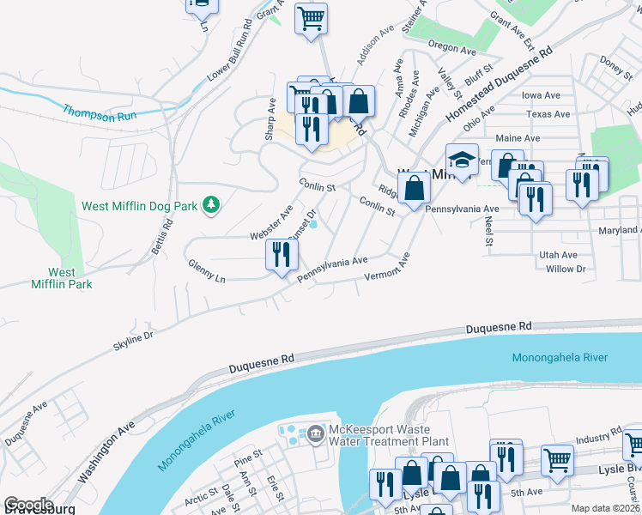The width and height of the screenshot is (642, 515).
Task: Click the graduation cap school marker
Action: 462,161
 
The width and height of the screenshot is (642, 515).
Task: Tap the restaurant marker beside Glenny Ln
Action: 282,255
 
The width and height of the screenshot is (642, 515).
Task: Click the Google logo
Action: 27,505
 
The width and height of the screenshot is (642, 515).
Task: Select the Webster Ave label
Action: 272,221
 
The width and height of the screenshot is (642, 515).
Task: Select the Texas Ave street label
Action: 548,114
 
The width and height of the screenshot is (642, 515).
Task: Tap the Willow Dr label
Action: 565,269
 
